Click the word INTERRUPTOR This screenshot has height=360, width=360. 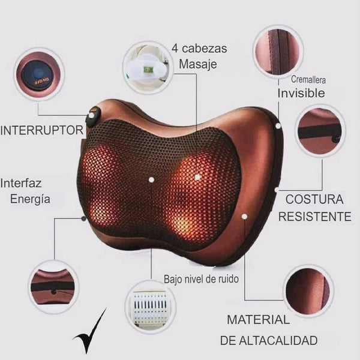41,130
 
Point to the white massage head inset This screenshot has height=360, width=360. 146,64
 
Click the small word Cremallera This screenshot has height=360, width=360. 308,79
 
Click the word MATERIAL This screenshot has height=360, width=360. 258,320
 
